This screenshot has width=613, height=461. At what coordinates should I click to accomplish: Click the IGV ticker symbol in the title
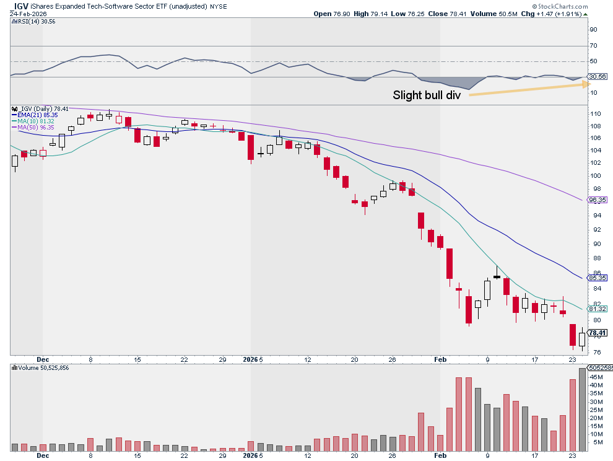(22, 6)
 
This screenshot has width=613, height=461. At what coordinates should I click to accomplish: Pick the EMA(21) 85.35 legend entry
(37, 115)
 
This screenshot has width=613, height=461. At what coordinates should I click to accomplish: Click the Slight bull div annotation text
(427, 95)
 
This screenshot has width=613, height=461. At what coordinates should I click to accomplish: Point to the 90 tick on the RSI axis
(593, 30)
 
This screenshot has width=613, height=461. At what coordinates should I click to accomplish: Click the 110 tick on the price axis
(595, 115)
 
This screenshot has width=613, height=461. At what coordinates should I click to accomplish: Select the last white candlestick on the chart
(582, 339)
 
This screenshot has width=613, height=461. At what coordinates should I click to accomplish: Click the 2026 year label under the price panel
(250, 359)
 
